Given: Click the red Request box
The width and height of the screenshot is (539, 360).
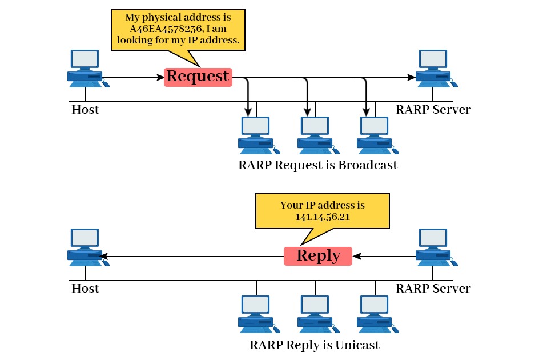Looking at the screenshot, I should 198,77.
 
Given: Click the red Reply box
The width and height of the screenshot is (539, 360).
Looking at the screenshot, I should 318,256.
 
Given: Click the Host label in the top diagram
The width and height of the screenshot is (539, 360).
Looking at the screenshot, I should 85,110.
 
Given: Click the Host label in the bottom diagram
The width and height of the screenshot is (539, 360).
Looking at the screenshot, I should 85,289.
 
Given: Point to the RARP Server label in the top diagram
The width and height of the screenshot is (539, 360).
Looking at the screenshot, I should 433,110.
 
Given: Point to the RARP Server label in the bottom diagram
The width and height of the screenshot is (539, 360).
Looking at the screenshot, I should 433,289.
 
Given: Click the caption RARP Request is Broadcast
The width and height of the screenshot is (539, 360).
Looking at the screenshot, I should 317,165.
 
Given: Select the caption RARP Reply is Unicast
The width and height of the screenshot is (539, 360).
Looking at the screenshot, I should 315,345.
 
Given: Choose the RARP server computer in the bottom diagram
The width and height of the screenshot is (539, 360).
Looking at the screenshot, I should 435,247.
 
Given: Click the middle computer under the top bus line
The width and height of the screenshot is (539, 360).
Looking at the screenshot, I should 316,135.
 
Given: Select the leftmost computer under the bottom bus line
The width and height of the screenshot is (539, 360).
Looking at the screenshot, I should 256,314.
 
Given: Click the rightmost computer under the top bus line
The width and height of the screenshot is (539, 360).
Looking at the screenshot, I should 375,135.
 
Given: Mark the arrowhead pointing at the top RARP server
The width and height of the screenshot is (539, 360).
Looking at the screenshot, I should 412,77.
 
